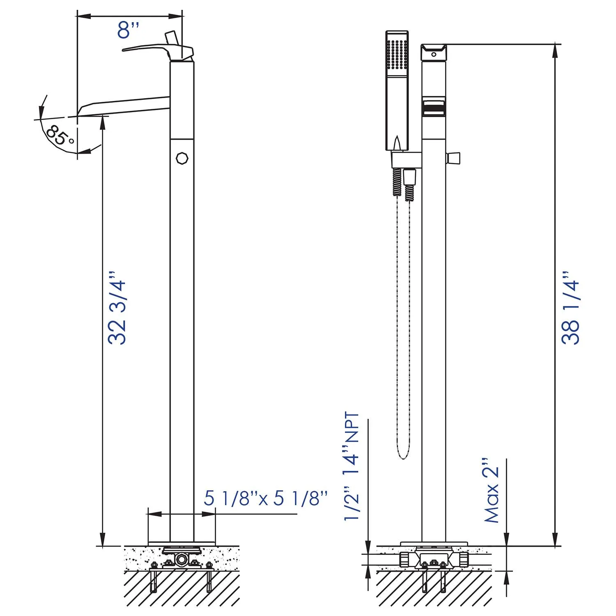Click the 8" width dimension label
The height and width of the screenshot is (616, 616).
tap(128, 30)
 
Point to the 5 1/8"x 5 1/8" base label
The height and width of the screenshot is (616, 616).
tap(266, 499)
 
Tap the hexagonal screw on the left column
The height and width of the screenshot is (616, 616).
tap(182, 158)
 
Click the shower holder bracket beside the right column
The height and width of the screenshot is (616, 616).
tap(406, 159)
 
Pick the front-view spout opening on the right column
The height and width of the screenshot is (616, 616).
tap(434, 108)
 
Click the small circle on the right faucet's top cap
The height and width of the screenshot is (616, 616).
tap(434, 54)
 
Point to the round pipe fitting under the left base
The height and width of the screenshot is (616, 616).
tap(181, 560)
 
